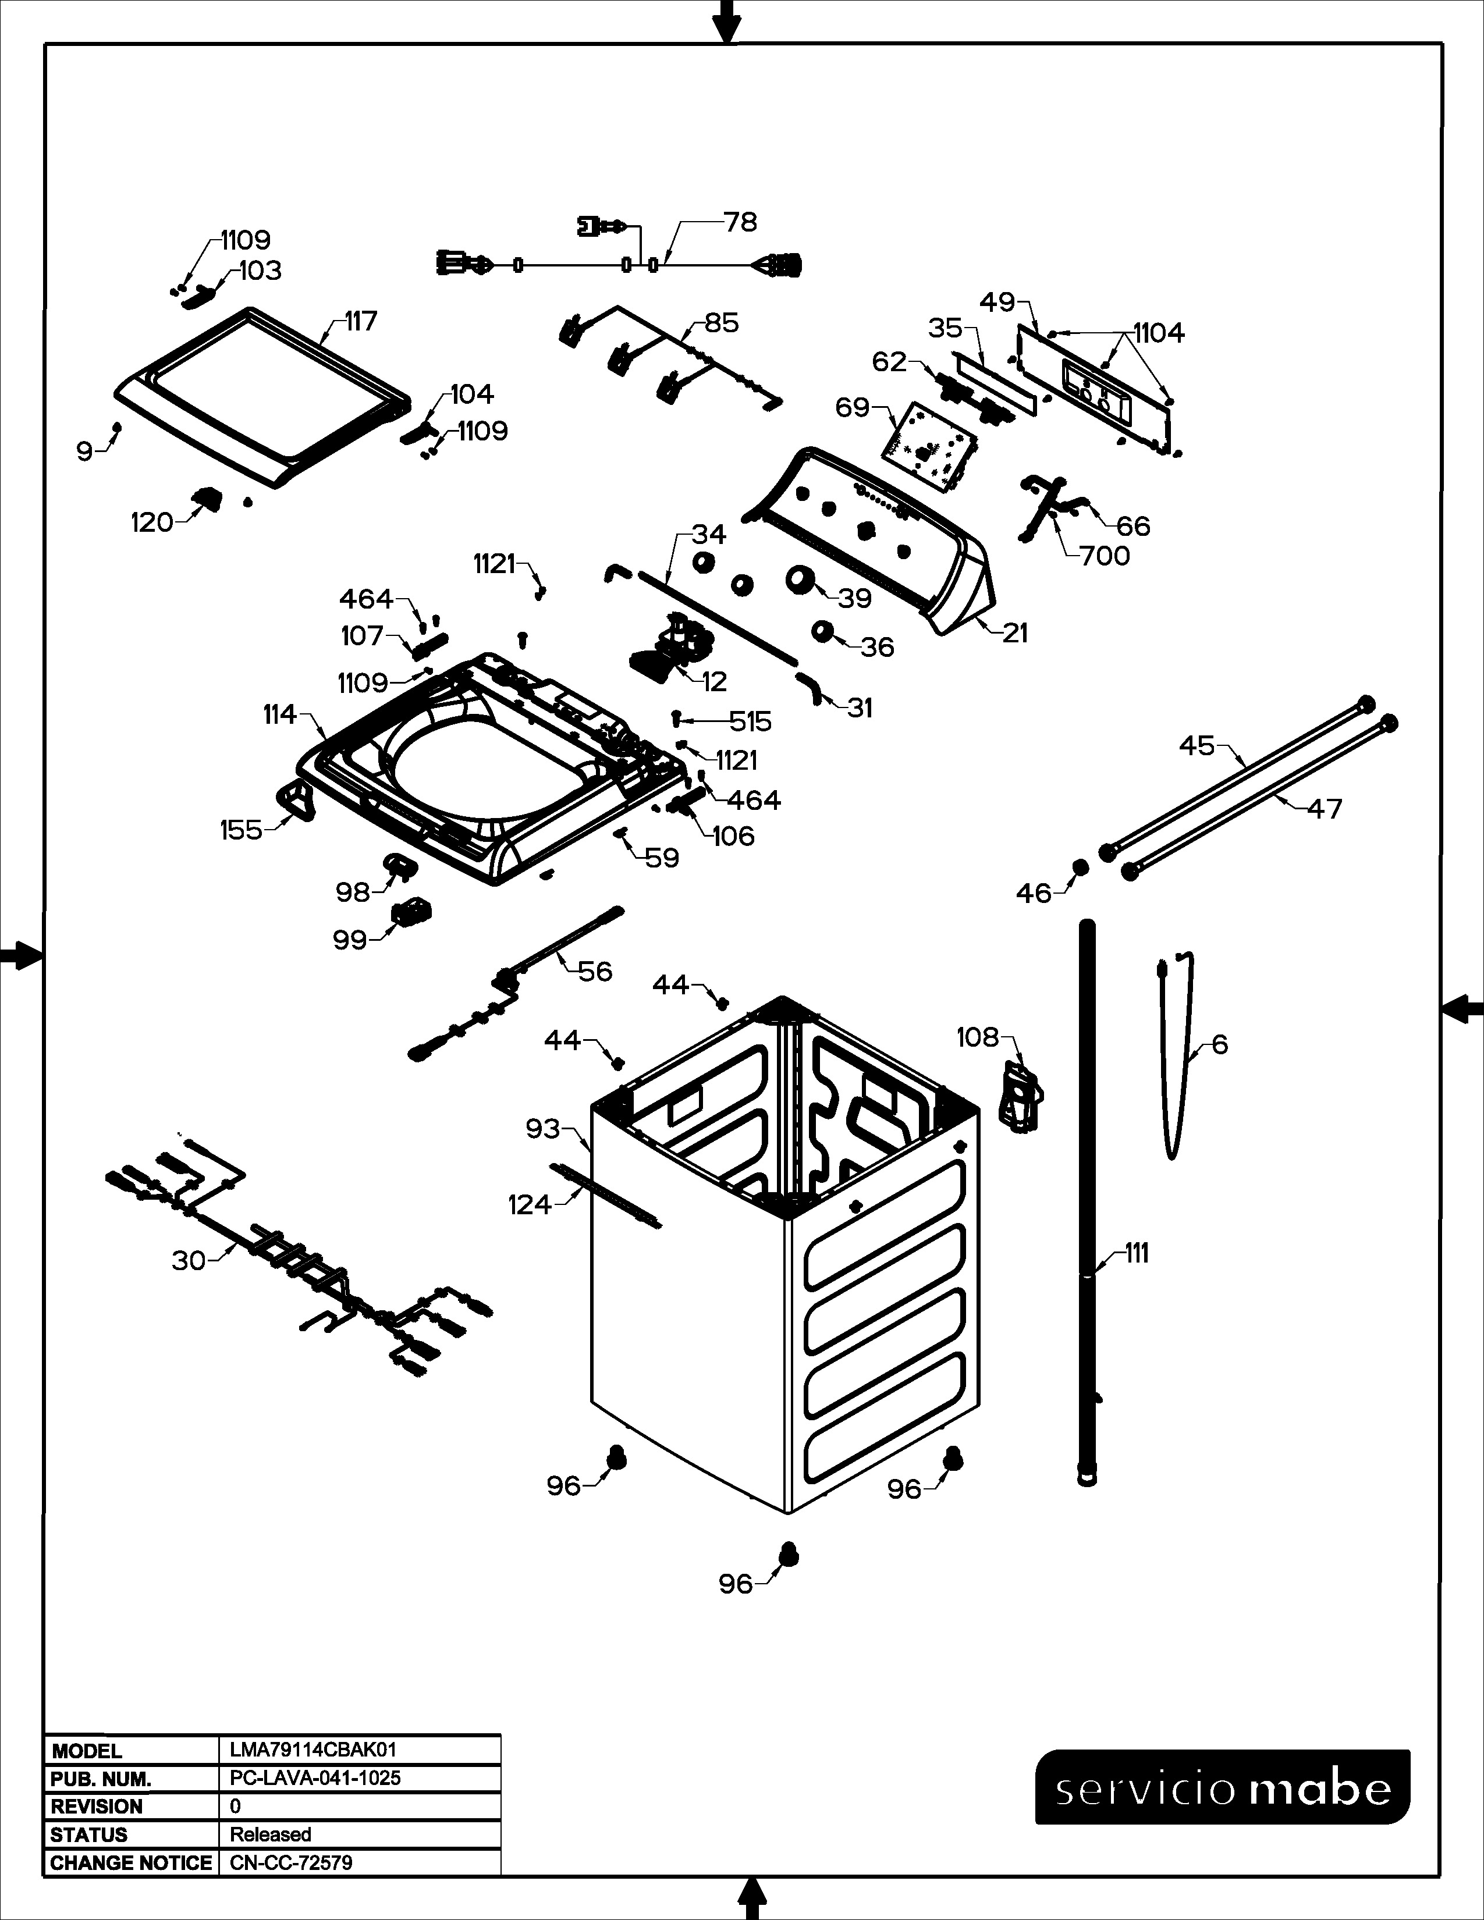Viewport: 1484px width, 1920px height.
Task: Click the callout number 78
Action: tap(740, 222)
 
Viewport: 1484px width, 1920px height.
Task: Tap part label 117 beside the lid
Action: tap(360, 321)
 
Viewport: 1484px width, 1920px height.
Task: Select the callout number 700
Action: tap(1105, 556)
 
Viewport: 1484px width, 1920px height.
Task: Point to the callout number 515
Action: tap(750, 722)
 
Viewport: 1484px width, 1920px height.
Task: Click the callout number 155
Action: tap(241, 830)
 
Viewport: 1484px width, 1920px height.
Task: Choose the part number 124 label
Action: tap(529, 1204)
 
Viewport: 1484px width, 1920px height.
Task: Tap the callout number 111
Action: tap(1137, 1254)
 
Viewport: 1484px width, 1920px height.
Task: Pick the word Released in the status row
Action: tap(271, 1834)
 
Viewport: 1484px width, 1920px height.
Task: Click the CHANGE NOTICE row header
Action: tap(131, 1863)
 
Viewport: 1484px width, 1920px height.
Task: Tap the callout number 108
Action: tap(978, 1037)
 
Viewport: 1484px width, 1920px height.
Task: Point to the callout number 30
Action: tap(189, 1261)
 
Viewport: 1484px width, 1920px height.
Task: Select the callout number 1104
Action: tap(1159, 333)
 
